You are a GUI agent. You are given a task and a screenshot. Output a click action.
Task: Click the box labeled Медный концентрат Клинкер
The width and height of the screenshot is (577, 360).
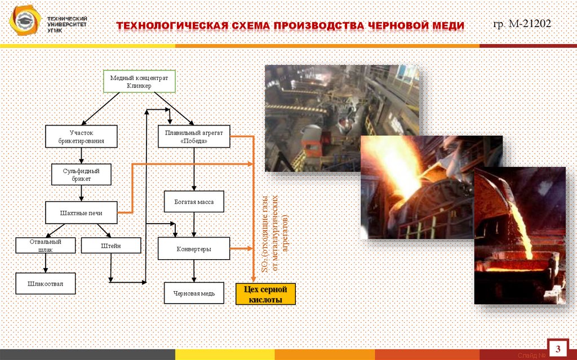point(139,81)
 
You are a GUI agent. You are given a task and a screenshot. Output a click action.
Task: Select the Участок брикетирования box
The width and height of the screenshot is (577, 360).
point(81,136)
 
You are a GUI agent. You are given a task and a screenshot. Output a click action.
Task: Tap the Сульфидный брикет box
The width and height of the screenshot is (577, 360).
point(81,175)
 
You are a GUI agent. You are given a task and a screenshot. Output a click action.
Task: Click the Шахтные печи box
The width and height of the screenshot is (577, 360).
point(81,212)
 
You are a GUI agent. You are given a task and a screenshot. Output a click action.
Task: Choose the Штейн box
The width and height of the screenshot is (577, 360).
point(111,245)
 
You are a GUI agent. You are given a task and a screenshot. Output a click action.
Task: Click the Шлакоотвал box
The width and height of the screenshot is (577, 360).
point(45,284)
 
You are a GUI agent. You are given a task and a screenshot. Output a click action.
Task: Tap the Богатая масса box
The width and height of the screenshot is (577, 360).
point(194,201)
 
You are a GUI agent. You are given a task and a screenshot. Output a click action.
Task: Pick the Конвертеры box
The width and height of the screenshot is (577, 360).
point(194,248)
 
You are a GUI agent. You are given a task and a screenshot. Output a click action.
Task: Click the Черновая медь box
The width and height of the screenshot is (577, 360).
point(194,293)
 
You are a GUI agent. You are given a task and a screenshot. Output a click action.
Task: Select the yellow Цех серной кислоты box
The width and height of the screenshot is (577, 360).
point(265,294)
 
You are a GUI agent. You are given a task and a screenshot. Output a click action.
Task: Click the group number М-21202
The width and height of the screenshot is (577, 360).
point(522,24)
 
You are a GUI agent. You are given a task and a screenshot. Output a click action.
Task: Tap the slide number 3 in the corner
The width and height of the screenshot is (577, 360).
point(558,346)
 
